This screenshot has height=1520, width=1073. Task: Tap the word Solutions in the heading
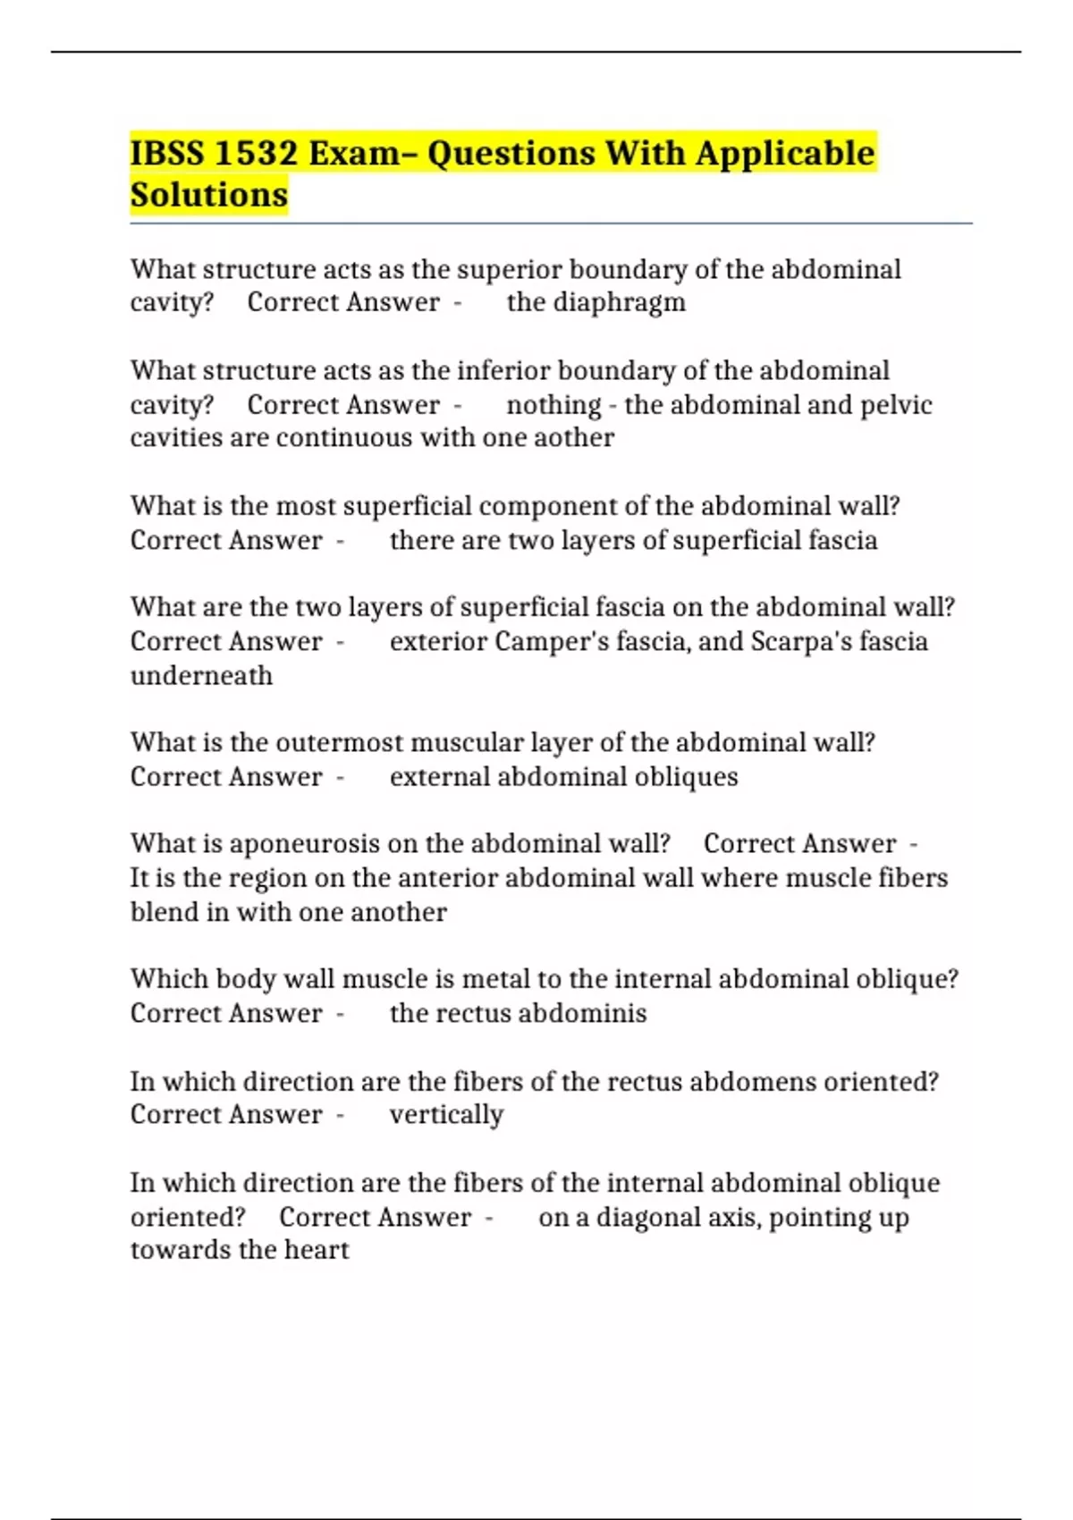209,195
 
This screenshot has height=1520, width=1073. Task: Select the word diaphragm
619,303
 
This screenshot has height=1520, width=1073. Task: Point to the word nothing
553,405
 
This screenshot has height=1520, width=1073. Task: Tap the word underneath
201,676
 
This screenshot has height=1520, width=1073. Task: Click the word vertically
446,1115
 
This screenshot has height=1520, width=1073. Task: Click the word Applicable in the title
786,154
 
